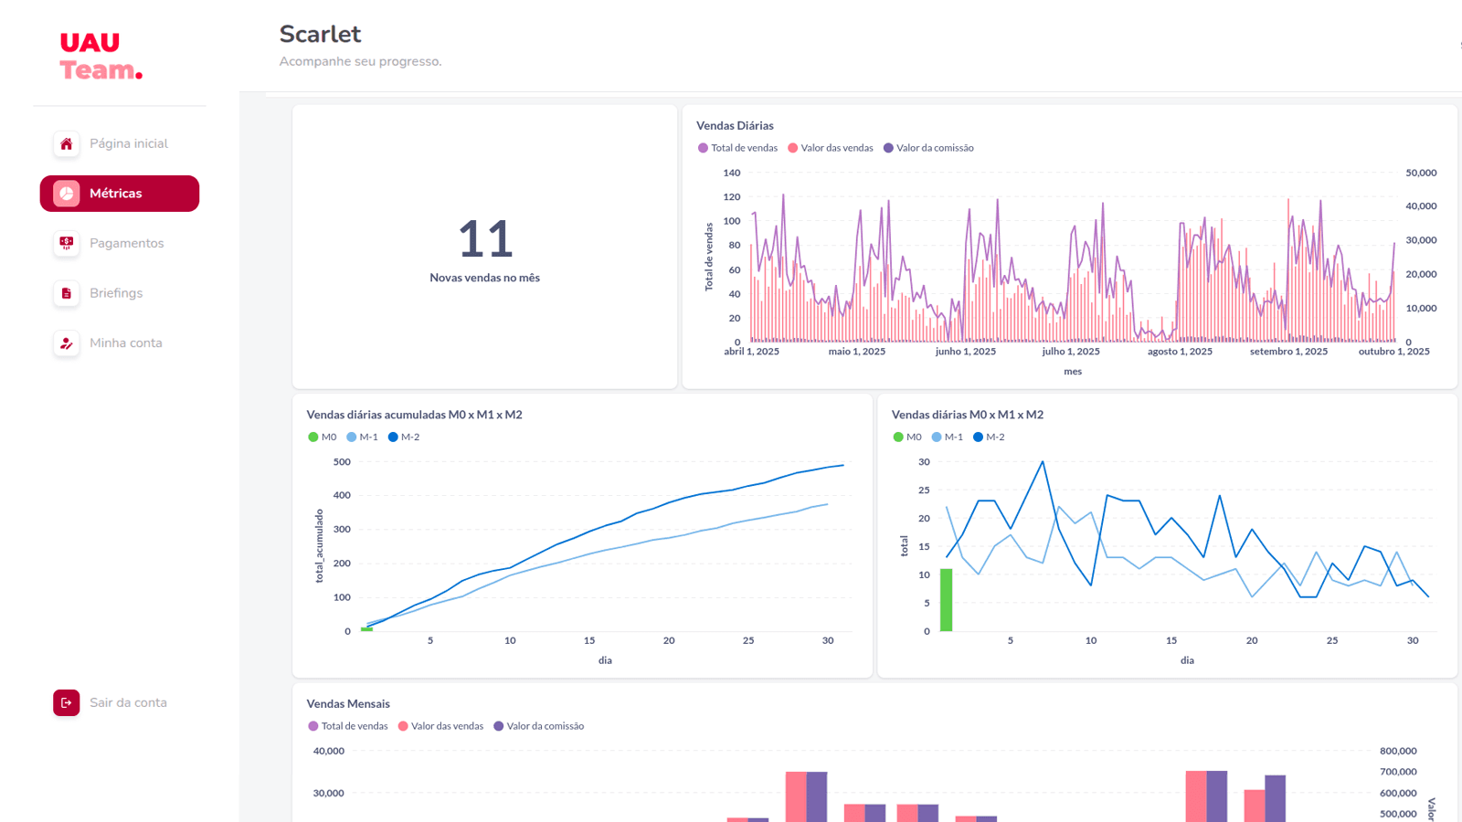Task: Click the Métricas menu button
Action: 120,193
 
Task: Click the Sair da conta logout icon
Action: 67,702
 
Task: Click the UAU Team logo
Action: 101,56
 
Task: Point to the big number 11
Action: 485,238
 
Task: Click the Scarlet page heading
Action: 320,34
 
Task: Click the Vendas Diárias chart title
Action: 735,125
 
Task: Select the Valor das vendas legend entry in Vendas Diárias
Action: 831,148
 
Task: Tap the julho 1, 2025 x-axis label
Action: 1070,351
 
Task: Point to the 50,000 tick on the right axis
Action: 1421,173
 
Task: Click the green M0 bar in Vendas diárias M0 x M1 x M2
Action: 946,599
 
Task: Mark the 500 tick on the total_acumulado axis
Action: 342,462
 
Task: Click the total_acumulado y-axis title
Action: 319,546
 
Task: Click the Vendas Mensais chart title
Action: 348,703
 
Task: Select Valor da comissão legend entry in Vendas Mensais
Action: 538,726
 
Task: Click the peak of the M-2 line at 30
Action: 1043,462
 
